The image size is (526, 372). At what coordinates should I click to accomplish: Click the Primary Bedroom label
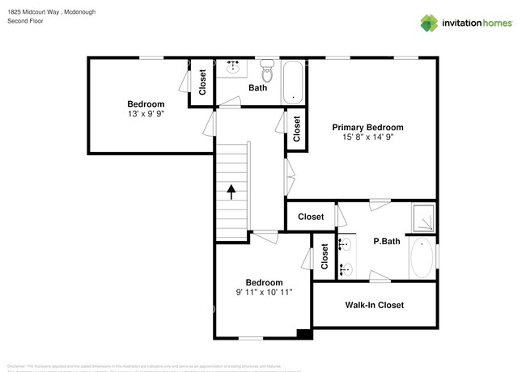(367, 128)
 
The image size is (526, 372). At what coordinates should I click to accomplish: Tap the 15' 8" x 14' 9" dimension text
(367, 137)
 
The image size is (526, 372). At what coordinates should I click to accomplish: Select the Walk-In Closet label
(374, 305)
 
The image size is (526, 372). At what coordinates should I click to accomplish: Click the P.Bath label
(388, 241)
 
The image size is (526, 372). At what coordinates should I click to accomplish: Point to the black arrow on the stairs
(232, 192)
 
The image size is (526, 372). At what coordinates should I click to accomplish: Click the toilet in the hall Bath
(269, 73)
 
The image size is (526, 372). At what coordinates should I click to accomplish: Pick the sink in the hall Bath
(235, 67)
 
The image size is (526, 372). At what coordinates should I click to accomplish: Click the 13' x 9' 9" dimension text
(146, 114)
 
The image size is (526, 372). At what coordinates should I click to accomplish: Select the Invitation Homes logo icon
(428, 23)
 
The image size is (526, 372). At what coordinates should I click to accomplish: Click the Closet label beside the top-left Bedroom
(202, 82)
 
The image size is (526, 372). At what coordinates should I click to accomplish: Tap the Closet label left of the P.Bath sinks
(325, 256)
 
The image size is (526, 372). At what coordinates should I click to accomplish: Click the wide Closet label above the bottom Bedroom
(311, 217)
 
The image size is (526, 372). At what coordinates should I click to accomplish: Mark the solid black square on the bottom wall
(304, 333)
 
